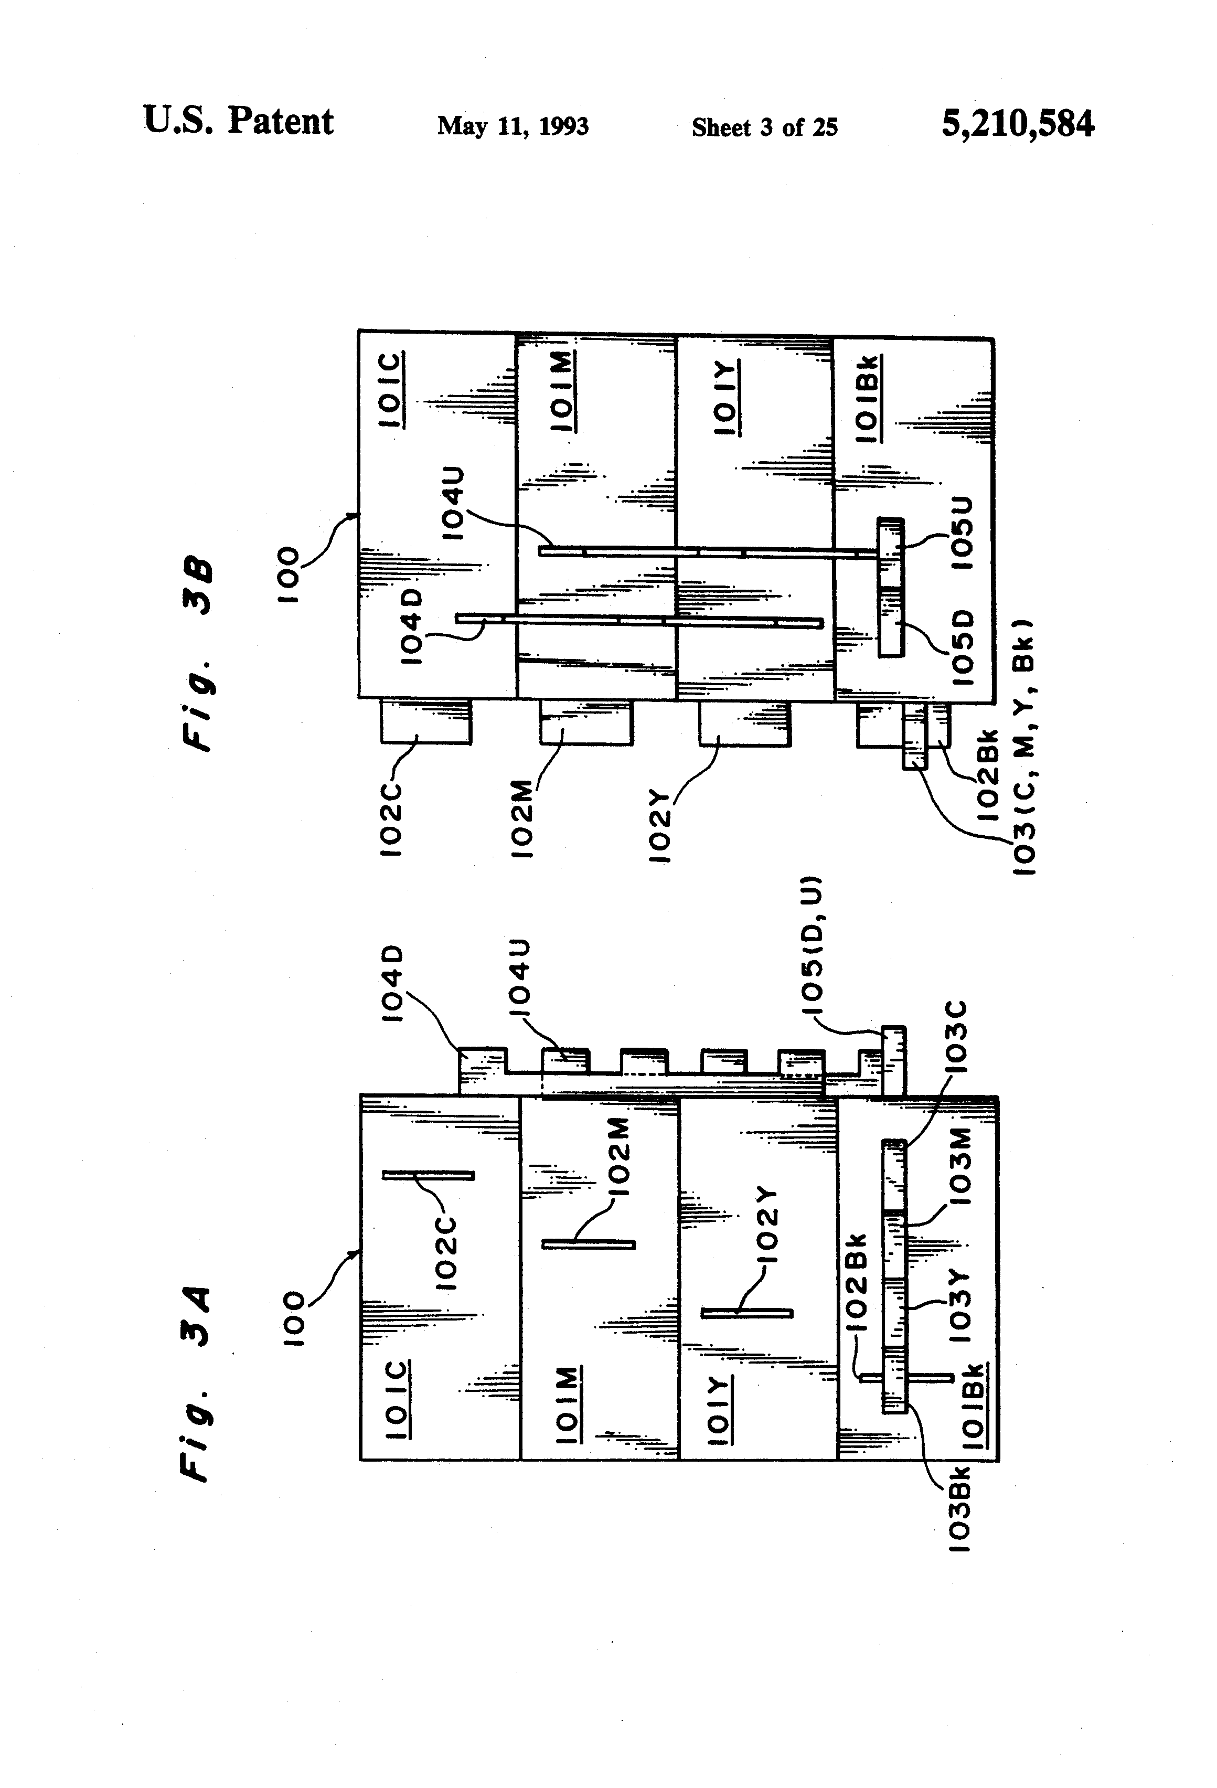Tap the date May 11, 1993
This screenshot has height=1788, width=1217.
click(x=513, y=126)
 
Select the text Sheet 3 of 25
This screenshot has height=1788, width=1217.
click(x=765, y=127)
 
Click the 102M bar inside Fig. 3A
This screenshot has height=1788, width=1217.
click(x=589, y=1244)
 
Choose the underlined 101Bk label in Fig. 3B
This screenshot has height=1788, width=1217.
click(x=869, y=399)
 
